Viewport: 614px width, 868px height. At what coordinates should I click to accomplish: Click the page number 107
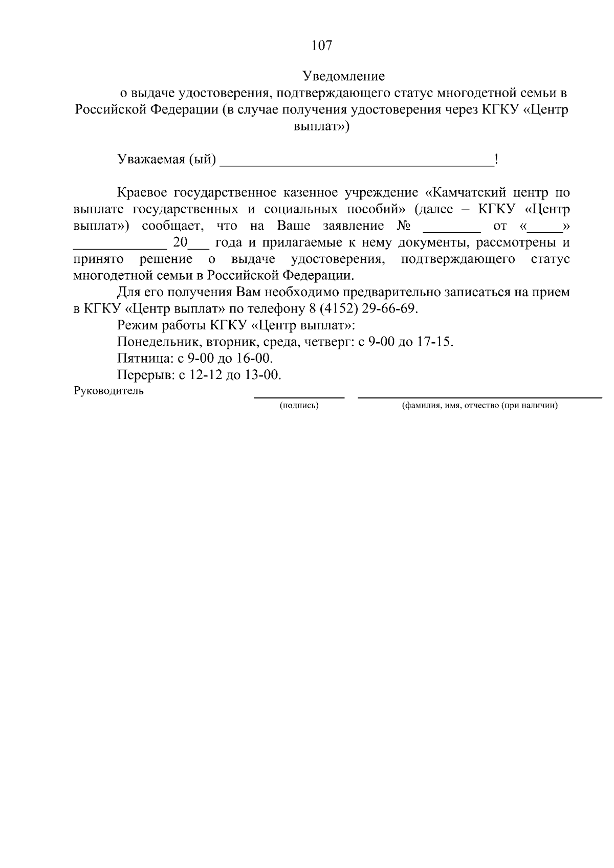pos(322,46)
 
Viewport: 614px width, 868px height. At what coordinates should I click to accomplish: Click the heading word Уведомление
pos(343,77)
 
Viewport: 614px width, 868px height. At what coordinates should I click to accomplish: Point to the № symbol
pos(404,226)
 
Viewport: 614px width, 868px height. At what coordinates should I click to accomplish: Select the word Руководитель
pos(108,391)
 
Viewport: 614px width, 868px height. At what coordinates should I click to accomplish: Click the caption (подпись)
pos(299,406)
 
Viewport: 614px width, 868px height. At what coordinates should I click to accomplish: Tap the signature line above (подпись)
pos(299,397)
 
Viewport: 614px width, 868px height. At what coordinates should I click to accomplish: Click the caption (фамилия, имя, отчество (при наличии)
pos(479,406)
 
